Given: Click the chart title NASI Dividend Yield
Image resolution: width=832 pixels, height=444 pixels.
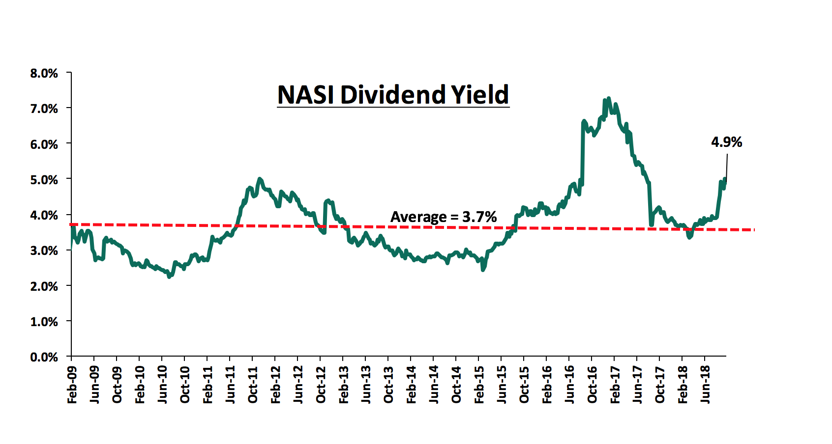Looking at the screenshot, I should (393, 94).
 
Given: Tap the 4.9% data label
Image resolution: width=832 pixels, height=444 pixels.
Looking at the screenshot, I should (726, 142).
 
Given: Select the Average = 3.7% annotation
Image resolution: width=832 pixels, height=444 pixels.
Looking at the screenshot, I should (444, 217).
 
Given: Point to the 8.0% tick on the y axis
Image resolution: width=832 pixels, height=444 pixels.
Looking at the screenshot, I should (44, 73).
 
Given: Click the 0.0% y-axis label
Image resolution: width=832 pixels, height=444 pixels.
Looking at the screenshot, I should (44, 357).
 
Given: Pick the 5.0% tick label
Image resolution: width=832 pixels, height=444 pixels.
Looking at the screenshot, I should (44, 180).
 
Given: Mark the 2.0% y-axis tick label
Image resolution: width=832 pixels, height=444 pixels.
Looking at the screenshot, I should (44, 286).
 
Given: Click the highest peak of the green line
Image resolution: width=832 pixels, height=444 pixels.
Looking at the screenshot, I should (609, 98).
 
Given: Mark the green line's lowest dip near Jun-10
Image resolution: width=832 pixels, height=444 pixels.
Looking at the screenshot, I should (169, 277).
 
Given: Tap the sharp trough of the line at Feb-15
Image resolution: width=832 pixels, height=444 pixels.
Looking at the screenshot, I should (483, 270).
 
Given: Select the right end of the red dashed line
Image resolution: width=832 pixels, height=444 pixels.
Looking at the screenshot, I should (753, 230).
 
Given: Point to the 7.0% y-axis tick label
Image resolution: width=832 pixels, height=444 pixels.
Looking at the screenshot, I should (44, 109).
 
